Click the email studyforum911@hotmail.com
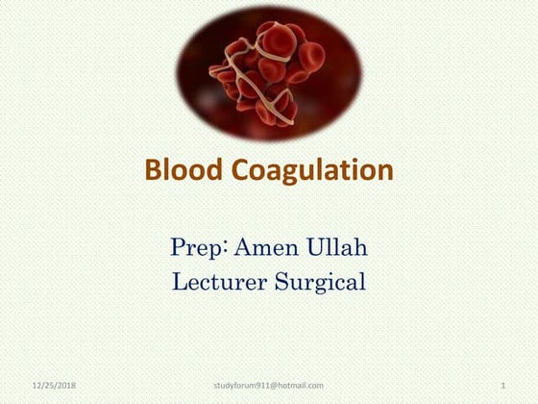pos(268,386)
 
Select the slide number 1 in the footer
pos(503,386)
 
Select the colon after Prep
pos(227,248)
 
